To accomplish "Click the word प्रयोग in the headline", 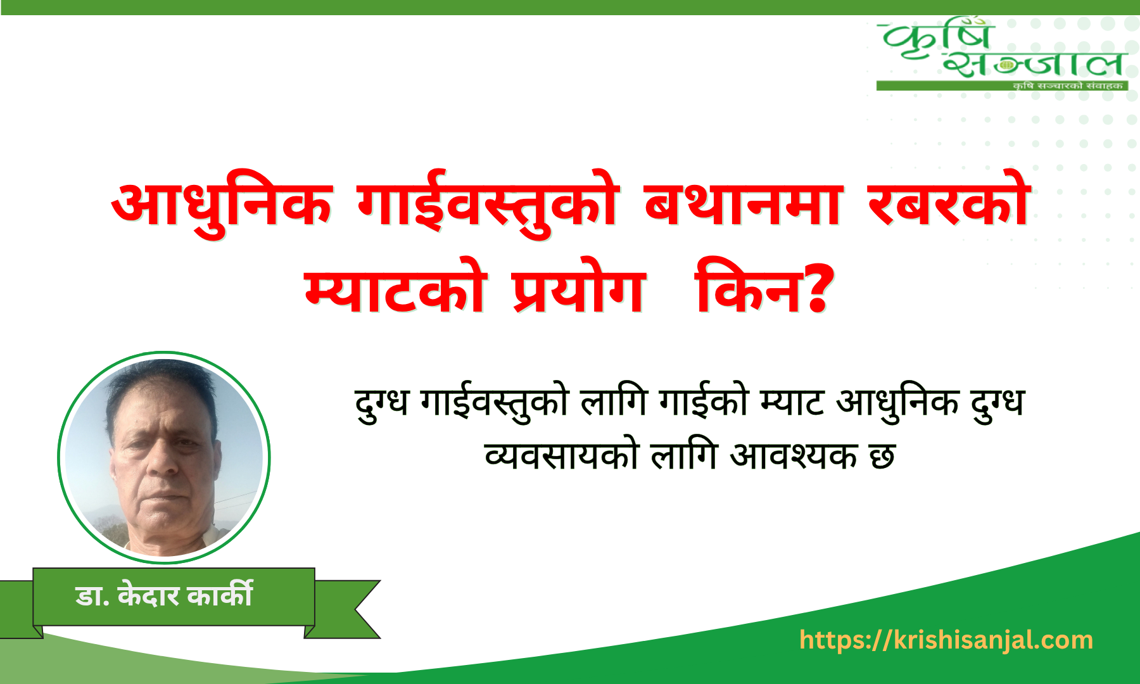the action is (x=579, y=286).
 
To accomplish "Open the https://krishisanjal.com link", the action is (x=946, y=640).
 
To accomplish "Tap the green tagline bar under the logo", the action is (x=1002, y=85).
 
